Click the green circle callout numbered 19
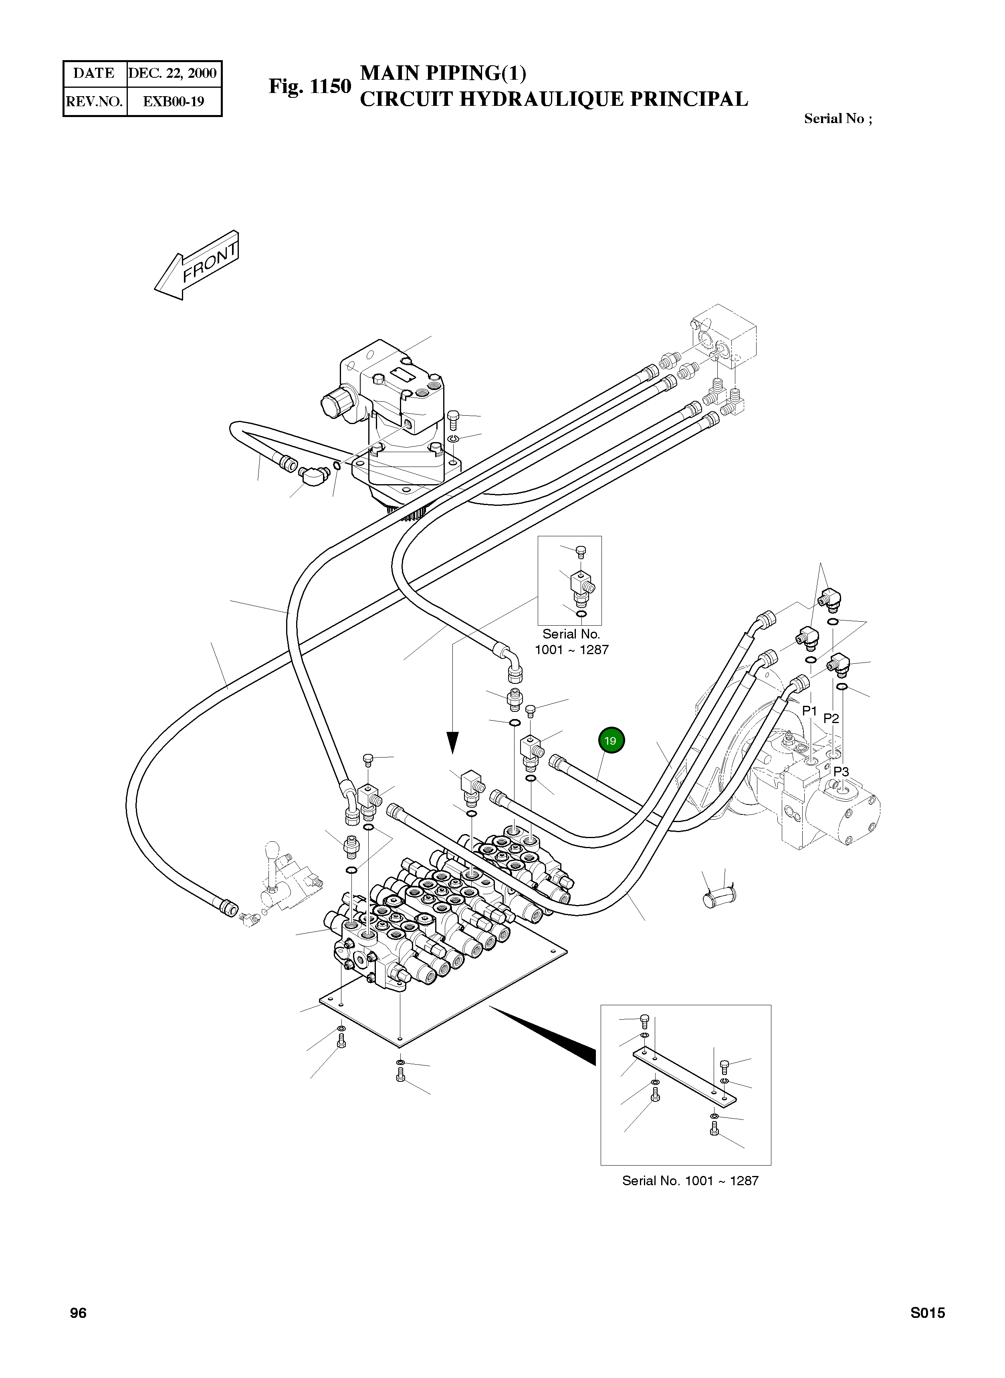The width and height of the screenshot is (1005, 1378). (x=610, y=740)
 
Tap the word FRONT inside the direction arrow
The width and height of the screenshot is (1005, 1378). (x=210, y=263)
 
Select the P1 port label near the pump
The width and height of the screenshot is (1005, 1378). (x=810, y=711)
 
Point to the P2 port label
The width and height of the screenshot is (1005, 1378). (x=831, y=719)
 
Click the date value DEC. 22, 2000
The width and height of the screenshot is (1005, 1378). (x=173, y=74)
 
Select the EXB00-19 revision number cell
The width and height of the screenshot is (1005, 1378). (x=174, y=101)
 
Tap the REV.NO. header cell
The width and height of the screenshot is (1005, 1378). (x=94, y=101)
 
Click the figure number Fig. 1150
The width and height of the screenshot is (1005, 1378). (x=310, y=87)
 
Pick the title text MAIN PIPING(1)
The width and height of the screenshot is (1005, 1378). (x=444, y=73)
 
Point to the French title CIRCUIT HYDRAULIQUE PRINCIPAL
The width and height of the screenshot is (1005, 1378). (x=554, y=99)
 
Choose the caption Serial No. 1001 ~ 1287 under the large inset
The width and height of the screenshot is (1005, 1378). (x=690, y=1181)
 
